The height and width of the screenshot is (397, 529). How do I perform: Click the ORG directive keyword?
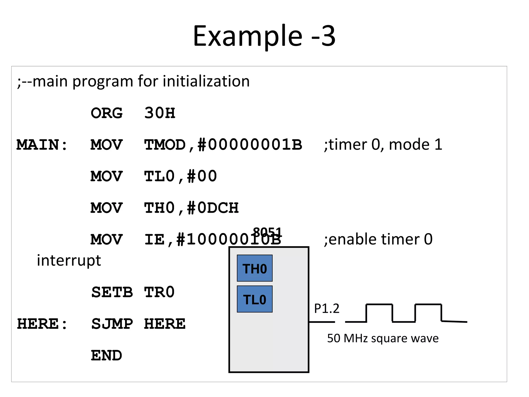[x=106, y=113]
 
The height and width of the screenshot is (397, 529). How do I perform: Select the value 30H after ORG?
[x=160, y=113]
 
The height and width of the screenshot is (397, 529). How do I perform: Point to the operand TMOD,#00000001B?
[x=223, y=145]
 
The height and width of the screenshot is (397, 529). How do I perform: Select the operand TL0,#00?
[x=180, y=177]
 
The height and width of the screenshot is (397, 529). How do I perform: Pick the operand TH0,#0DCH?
[x=191, y=208]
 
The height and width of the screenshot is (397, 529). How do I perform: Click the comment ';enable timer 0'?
[x=378, y=239]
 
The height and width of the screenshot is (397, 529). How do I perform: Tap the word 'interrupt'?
[x=69, y=260]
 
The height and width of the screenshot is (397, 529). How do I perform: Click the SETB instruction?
[x=112, y=292]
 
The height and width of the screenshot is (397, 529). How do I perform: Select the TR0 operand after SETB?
[x=159, y=292]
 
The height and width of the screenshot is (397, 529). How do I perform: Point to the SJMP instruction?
[x=112, y=324]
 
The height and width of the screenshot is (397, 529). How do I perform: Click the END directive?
[x=106, y=356]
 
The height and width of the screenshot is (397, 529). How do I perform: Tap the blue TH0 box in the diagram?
[x=255, y=268]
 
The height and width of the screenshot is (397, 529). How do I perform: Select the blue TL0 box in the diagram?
[x=255, y=299]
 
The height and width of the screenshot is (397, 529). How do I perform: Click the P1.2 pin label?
[x=326, y=308]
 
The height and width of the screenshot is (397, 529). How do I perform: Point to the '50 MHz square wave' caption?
[x=383, y=338]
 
